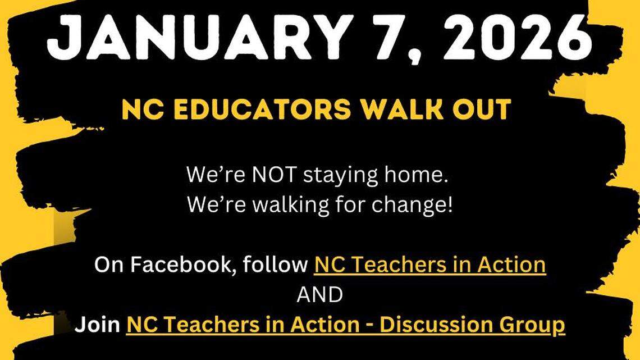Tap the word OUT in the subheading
point(486,109)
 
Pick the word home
point(419,175)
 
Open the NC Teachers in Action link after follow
point(429,264)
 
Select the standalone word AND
point(319,294)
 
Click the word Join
point(98,325)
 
